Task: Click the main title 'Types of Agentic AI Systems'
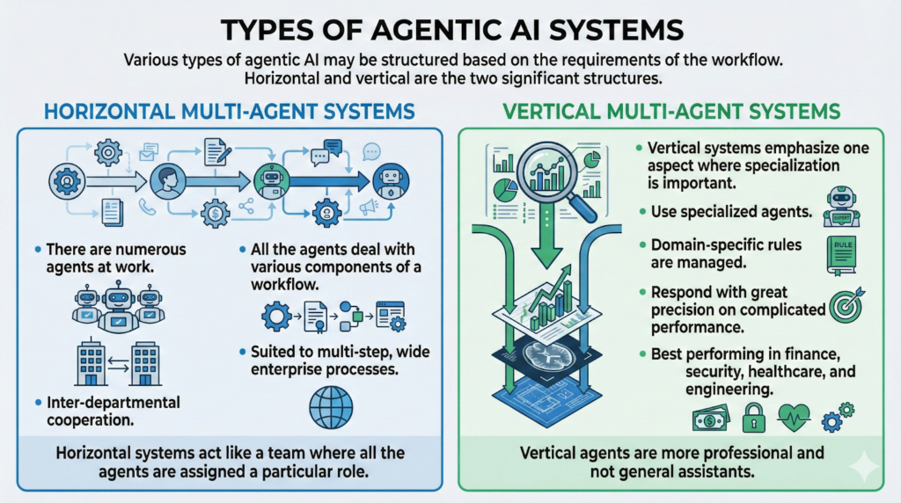coord(450,29)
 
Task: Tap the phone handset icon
coord(147,208)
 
